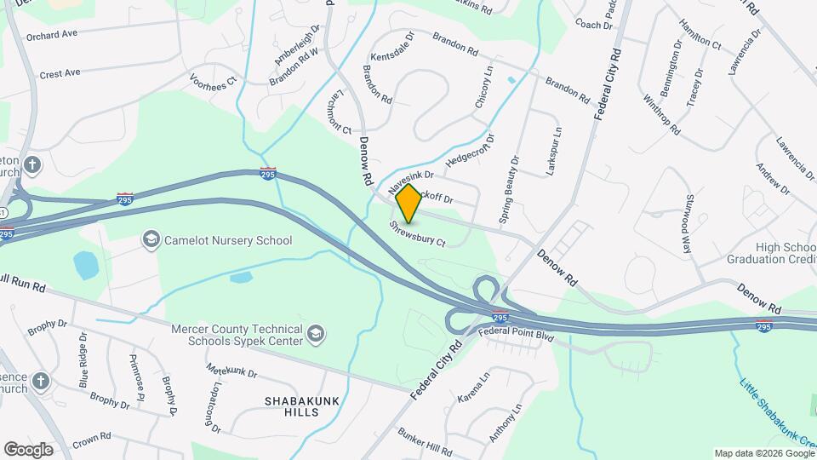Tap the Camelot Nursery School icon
(151, 239)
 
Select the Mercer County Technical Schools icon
(316, 333)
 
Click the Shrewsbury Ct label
(418, 234)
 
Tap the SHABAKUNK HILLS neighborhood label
(291, 405)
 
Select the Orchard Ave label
(52, 35)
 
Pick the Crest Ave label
(60, 73)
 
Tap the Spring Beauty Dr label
(511, 189)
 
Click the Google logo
(29, 449)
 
